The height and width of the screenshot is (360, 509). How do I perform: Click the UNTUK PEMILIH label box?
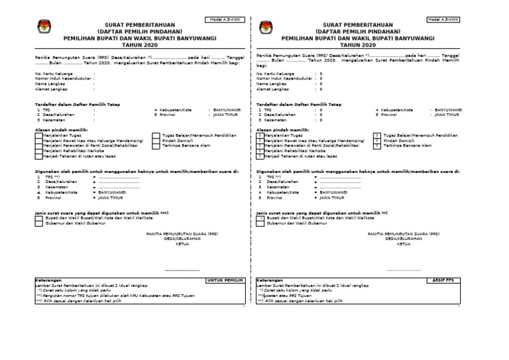pos(225,280)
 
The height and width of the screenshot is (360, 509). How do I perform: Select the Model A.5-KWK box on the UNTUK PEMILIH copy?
pos(225,19)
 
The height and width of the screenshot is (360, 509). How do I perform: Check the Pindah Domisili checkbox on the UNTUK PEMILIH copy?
pos(155,141)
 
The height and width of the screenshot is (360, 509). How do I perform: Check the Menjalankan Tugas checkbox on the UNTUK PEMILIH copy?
pos(38,135)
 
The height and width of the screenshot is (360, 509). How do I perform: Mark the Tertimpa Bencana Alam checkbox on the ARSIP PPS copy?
pos(376,145)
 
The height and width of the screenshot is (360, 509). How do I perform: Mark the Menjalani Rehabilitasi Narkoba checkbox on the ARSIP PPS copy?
pos(259,150)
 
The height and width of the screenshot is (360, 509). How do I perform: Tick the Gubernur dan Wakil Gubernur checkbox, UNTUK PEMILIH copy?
pos(38,223)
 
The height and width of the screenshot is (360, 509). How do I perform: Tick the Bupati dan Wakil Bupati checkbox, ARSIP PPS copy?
pos(260,217)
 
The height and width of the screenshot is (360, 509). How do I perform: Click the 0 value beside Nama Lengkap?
pos(321,84)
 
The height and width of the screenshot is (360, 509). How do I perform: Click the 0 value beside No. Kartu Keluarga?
pos(321,74)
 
